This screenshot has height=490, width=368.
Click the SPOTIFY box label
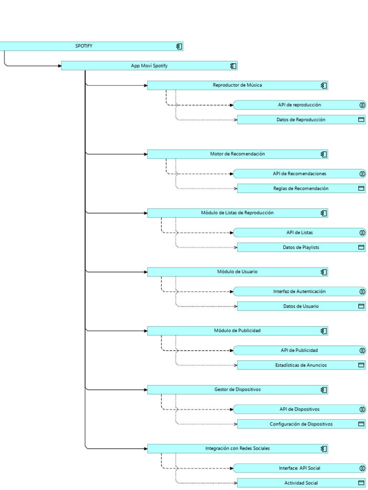pyautogui.click(x=84, y=46)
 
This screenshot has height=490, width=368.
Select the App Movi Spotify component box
pyautogui.click(x=149, y=66)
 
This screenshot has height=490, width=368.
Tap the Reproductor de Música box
pyautogui.click(x=237, y=86)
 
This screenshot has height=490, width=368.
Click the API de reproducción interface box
pyautogui.click(x=299, y=105)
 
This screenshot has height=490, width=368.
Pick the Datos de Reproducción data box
pyautogui.click(x=300, y=120)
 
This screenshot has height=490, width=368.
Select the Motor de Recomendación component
pyautogui.click(x=237, y=154)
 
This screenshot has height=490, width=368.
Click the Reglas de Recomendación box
pyautogui.click(x=300, y=189)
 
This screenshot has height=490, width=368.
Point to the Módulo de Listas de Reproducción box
pyautogui.click(x=237, y=213)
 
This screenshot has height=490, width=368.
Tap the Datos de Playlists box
pyautogui.click(x=300, y=247)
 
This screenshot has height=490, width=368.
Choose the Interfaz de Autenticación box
pyautogui.click(x=299, y=291)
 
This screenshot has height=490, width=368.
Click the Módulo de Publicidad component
pyautogui.click(x=237, y=331)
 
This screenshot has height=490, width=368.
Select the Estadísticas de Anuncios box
pyautogui.click(x=300, y=365)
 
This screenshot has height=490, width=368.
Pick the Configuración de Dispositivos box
pyautogui.click(x=300, y=424)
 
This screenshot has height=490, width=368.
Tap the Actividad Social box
pyautogui.click(x=300, y=483)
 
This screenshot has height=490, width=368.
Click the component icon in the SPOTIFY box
pyautogui.click(x=179, y=46)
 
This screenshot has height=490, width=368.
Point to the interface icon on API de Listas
pyautogui.click(x=362, y=233)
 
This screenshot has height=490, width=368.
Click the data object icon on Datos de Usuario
pyautogui.click(x=362, y=306)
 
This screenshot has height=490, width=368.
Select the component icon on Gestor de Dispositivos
pyautogui.click(x=324, y=390)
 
